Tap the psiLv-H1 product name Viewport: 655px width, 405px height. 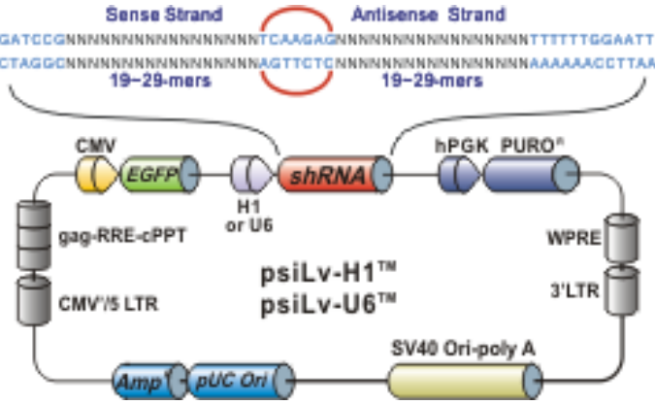click(x=328, y=277)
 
